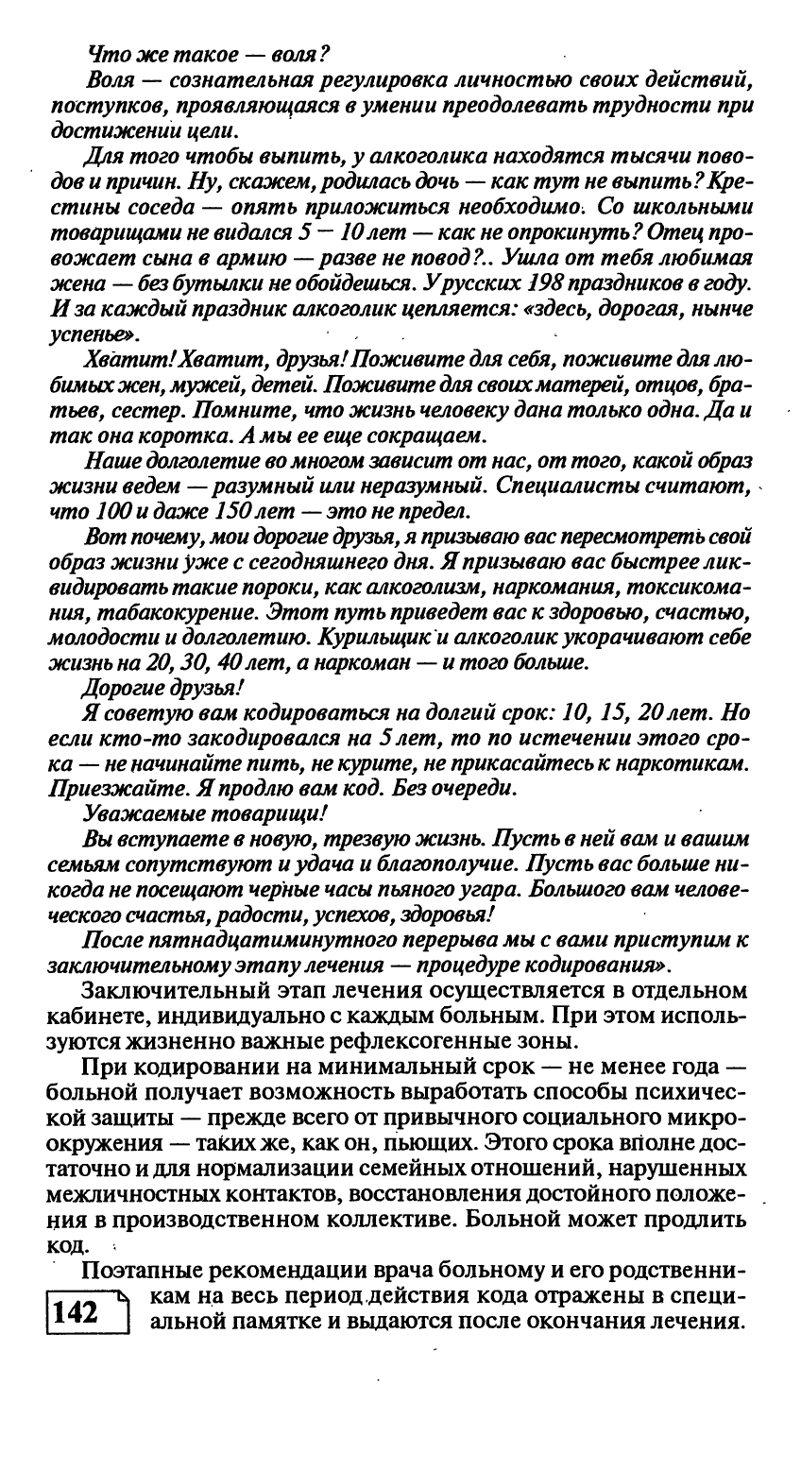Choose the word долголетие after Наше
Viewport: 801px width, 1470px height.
coord(213,464)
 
